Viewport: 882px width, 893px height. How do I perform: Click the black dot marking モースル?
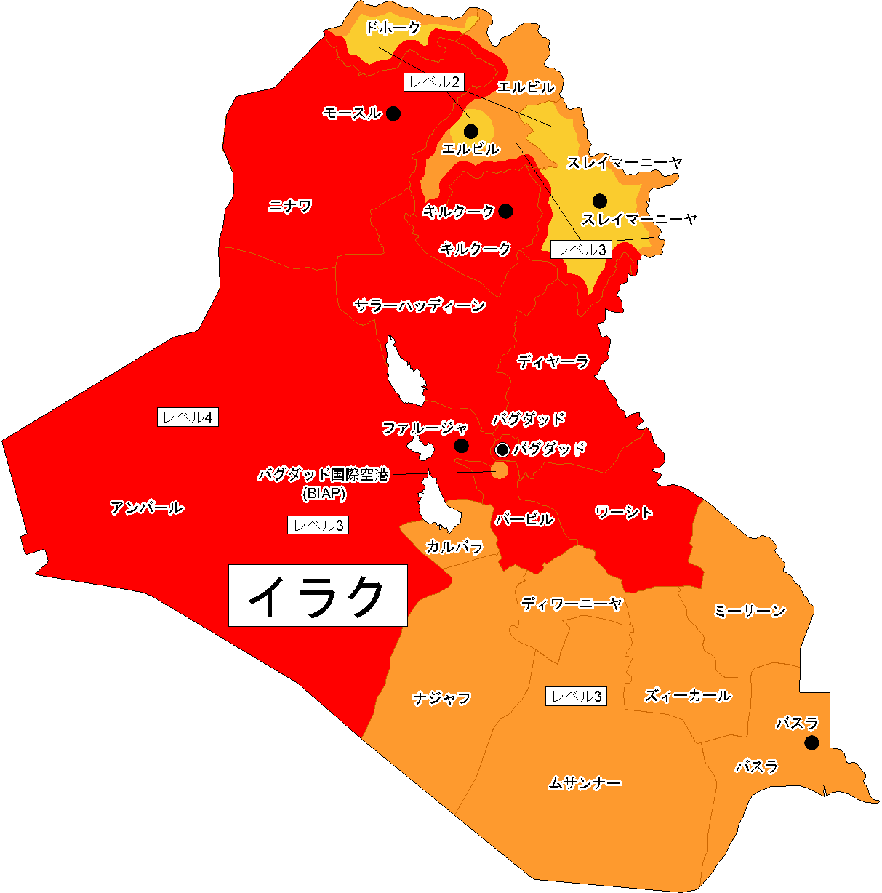(393, 113)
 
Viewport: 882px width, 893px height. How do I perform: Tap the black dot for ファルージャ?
(461, 446)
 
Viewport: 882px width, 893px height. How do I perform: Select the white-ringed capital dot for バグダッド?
(502, 449)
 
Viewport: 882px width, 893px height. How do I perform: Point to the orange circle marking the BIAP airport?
(500, 470)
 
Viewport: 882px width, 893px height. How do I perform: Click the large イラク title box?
(318, 595)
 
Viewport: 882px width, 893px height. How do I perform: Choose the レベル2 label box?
(434, 81)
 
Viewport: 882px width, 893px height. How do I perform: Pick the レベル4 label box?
(188, 417)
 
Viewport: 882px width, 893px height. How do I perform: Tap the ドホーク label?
(393, 28)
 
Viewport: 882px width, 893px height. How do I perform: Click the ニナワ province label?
(289, 206)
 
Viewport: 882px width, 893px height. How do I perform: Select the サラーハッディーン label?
(420, 305)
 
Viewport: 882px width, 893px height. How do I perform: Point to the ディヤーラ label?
(553, 361)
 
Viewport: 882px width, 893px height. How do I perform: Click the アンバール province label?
(147, 508)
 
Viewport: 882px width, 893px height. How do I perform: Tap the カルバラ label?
(454, 546)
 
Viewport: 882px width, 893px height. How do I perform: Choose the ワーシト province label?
(624, 513)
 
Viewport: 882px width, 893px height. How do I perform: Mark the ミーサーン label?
(750, 611)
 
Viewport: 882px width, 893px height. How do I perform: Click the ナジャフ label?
(442, 698)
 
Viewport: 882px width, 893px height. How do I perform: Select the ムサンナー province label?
(585, 783)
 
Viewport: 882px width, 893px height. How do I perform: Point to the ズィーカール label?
(688, 696)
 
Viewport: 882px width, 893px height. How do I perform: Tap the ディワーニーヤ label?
(572, 604)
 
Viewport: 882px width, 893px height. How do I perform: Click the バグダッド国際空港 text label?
(324, 475)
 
